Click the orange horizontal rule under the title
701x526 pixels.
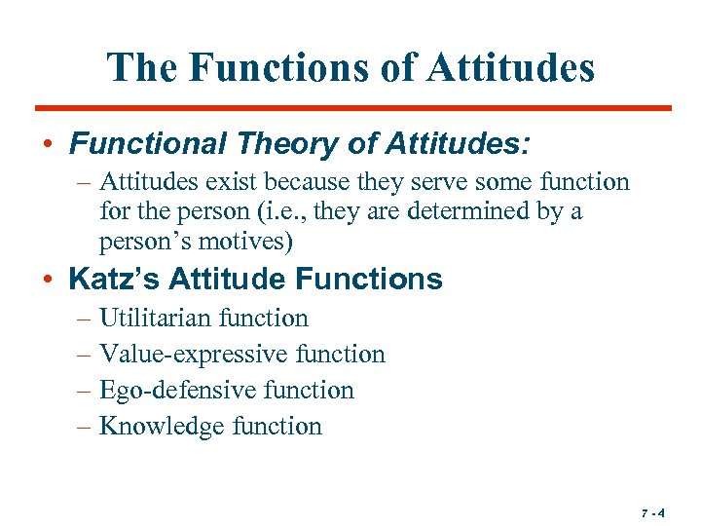pyautogui.click(x=352, y=107)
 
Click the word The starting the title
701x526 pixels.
pyautogui.click(x=142, y=67)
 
